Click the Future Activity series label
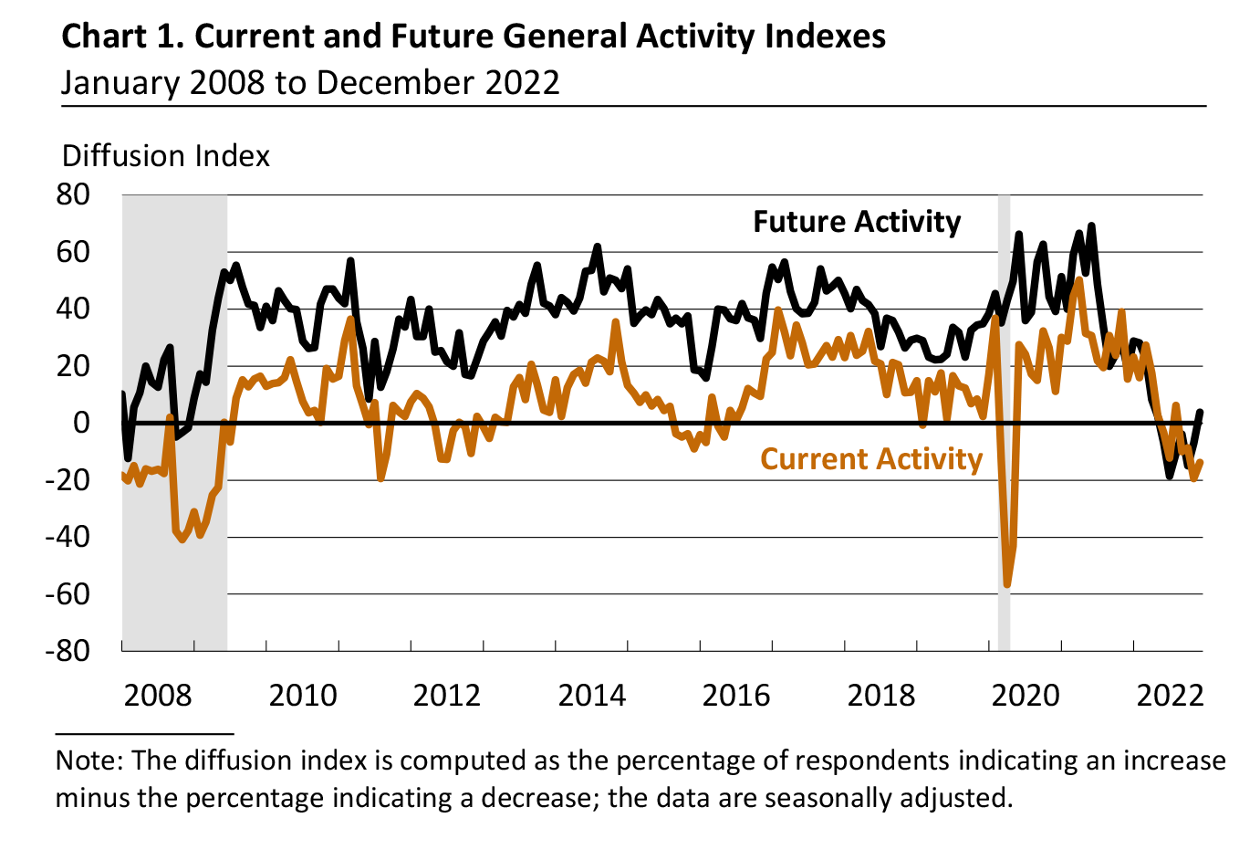pyautogui.click(x=857, y=222)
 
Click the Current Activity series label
pyautogui.click(x=871, y=458)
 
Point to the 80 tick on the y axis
pyautogui.click(x=73, y=194)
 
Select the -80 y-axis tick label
pyautogui.click(x=68, y=650)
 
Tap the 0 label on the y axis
pyautogui.click(x=82, y=423)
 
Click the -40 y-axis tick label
pyautogui.click(x=68, y=537)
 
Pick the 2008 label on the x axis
pyautogui.click(x=158, y=695)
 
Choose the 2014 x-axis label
pyautogui.click(x=592, y=695)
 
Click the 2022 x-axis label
pyautogui.click(x=1170, y=695)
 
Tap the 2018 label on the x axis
pyautogui.click(x=880, y=695)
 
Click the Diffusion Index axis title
pyautogui.click(x=166, y=156)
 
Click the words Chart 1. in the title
pyautogui.click(x=123, y=37)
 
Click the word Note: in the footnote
pyautogui.click(x=89, y=760)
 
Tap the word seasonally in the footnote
pyautogui.click(x=828, y=798)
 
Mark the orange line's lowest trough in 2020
pyautogui.click(x=1007, y=584)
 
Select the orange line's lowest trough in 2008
pyautogui.click(x=182, y=539)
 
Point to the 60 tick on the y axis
pyautogui.click(x=73, y=251)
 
